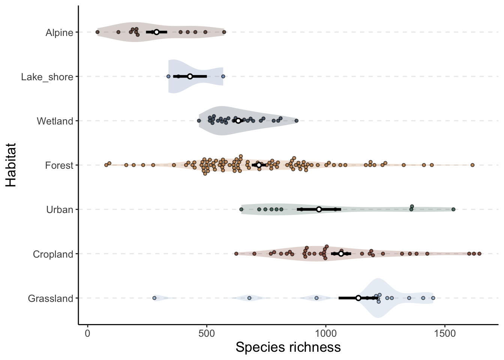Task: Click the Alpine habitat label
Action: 59,33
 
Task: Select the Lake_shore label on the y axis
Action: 47,77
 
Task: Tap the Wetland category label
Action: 55,121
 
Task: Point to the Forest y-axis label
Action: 59,165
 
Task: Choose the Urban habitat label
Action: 60,210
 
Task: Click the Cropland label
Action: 53,254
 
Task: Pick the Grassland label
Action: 51,298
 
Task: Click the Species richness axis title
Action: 288,347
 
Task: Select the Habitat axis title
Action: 11,165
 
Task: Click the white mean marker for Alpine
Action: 156,32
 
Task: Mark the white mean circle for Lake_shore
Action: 190,76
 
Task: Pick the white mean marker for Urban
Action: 319,209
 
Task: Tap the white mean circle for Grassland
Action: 358,298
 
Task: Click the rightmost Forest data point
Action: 472,165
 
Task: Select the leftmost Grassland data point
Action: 154,298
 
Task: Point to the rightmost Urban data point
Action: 453,209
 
